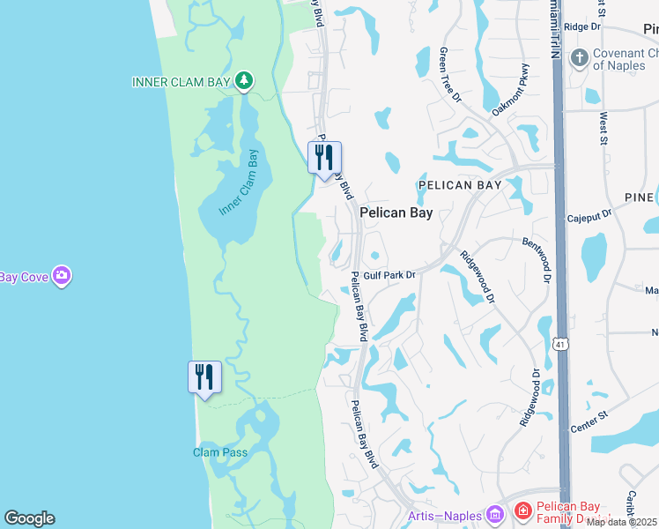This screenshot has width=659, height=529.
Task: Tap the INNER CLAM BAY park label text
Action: pyautogui.click(x=181, y=82)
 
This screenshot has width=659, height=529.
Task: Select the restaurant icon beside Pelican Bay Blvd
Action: pyautogui.click(x=324, y=158)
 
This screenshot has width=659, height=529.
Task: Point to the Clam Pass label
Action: pyautogui.click(x=220, y=452)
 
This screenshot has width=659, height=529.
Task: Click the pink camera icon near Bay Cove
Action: pyautogui.click(x=62, y=277)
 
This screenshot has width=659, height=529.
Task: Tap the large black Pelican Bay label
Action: pyautogui.click(x=396, y=212)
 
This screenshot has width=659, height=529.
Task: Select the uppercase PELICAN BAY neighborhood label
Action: pyautogui.click(x=460, y=185)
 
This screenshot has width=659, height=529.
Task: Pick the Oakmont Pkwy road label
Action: pyautogui.click(x=512, y=91)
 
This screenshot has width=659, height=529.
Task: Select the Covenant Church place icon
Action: pyautogui.click(x=579, y=59)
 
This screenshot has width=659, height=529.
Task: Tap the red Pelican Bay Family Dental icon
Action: pyautogui.click(x=522, y=511)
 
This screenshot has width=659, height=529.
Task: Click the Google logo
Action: pyautogui.click(x=29, y=518)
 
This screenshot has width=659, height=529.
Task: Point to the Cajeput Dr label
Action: pyautogui.click(x=589, y=217)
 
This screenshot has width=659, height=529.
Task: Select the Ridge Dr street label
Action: pyautogui.click(x=581, y=27)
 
